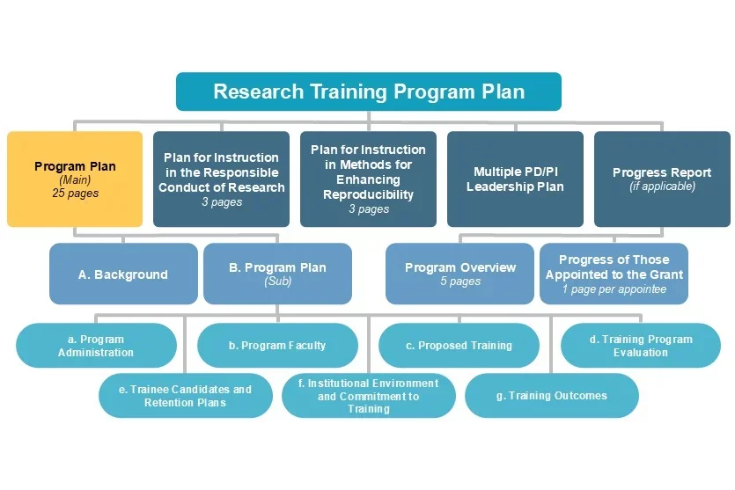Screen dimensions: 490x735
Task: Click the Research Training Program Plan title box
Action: (368, 91)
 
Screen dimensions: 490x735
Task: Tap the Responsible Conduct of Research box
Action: (221, 179)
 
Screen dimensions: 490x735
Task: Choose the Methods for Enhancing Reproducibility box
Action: (368, 179)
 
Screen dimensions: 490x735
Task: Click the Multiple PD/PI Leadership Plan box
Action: (515, 179)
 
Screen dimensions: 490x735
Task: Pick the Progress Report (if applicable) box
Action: (662, 179)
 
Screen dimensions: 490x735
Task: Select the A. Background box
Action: (123, 274)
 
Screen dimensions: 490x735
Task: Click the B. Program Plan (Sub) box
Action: (277, 274)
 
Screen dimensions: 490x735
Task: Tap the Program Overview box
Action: (459, 274)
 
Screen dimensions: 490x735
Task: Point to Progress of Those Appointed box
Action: (614, 274)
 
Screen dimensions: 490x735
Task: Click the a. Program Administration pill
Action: (96, 346)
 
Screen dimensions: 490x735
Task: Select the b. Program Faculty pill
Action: (277, 346)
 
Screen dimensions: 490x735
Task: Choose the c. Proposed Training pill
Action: (459, 346)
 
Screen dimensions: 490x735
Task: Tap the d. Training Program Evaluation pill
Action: (640, 346)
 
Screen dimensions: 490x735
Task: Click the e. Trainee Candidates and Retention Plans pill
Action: (185, 396)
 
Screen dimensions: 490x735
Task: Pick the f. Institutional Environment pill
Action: (368, 396)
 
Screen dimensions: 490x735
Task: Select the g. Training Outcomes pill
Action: (551, 396)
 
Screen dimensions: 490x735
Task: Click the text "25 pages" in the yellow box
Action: (75, 194)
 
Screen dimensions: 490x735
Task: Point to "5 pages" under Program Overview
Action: (459, 282)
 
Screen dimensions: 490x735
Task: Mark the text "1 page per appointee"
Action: (614, 289)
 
